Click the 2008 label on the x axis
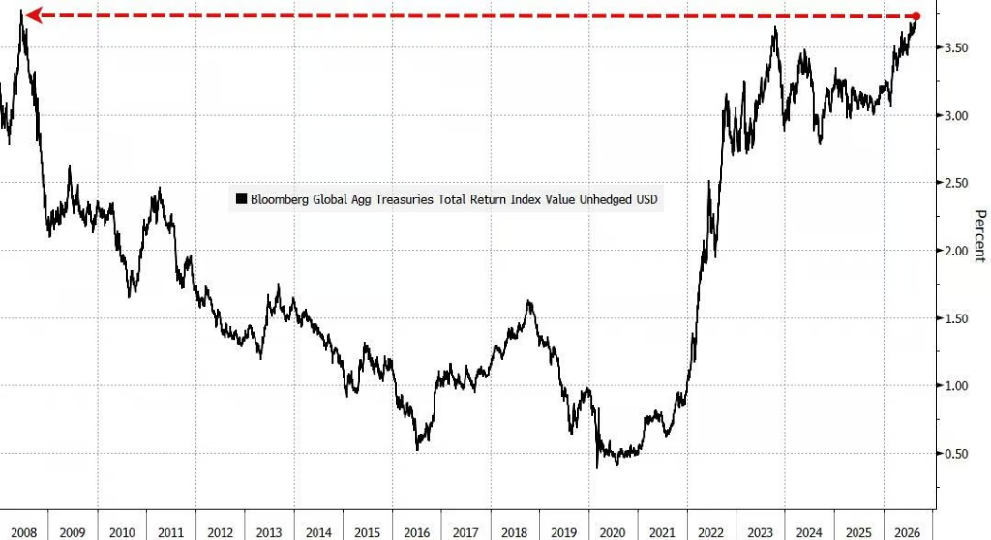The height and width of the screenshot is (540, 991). coord(23,532)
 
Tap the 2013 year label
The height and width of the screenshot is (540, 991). coord(269,532)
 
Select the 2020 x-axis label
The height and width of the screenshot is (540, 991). coord(613,532)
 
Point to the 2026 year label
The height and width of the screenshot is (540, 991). coord(907,532)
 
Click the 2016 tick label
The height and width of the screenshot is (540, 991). coord(416,532)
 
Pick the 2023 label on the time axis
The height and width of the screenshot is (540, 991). coord(760,532)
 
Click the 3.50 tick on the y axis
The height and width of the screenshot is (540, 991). coord(955,48)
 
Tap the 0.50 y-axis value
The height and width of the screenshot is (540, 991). coord(955,453)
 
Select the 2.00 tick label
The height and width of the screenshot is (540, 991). coord(955,251)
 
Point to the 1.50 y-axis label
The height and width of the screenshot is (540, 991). coord(955,318)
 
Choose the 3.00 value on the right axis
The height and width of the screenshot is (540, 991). coord(955,116)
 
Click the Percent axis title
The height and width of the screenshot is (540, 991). coord(979,236)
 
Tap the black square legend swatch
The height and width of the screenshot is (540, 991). coord(241,198)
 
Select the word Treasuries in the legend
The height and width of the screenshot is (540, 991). coord(405,199)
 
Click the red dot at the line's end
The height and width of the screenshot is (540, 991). coord(916,15)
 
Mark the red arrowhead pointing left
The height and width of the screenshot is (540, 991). coord(33,15)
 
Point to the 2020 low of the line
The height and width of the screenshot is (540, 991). coord(597,468)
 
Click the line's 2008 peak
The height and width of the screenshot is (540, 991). coord(22,11)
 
